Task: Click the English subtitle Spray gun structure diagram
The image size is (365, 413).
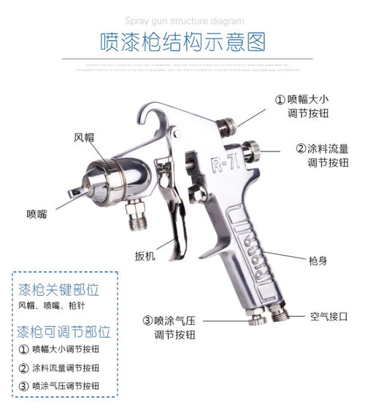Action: click(x=182, y=21)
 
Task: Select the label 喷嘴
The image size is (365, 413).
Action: click(x=37, y=213)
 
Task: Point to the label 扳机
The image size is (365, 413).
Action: click(x=145, y=256)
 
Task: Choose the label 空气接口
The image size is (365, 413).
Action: click(x=328, y=317)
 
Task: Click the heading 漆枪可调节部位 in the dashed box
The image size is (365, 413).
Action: click(x=64, y=333)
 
